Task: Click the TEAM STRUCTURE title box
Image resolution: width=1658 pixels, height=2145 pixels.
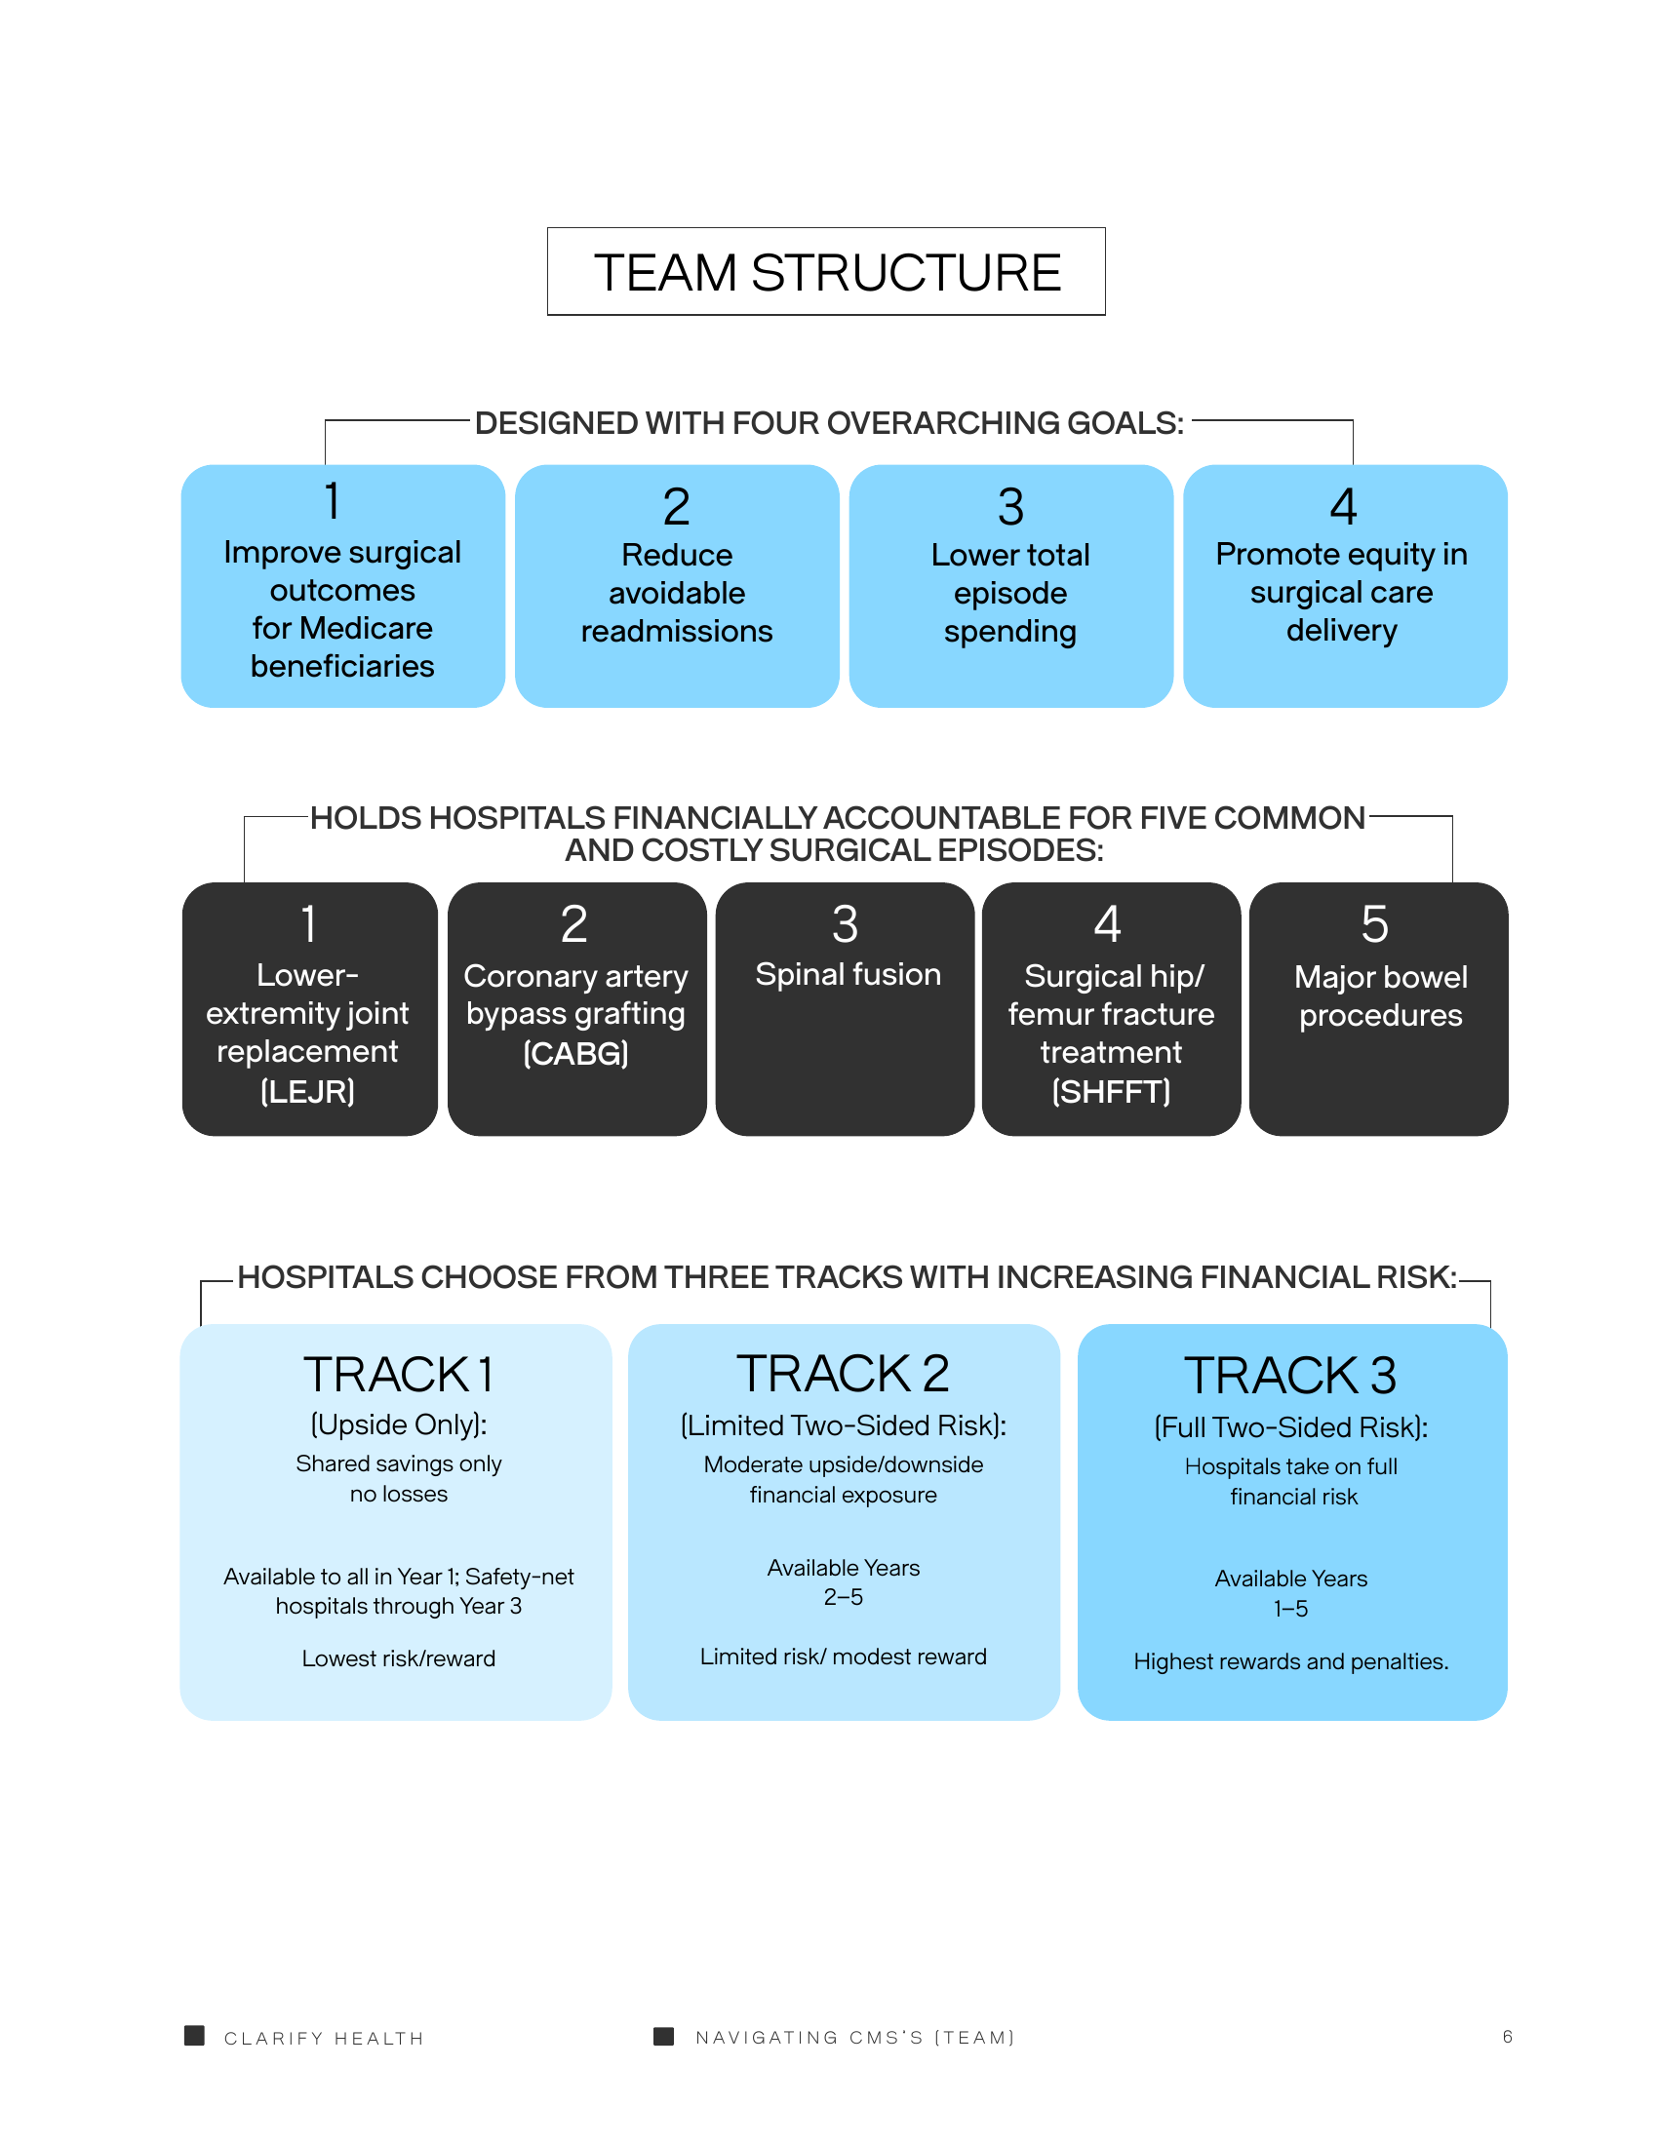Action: click(826, 271)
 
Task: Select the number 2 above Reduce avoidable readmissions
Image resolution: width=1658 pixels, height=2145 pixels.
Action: click(676, 507)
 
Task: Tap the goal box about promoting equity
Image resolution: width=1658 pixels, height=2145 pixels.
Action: click(1345, 585)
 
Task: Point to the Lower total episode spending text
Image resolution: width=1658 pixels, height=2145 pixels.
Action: click(1009, 593)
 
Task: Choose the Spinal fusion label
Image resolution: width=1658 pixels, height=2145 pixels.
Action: click(848, 974)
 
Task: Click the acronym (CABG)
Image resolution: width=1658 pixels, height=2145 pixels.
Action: click(575, 1053)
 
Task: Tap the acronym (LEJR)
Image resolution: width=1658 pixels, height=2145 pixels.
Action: click(307, 1091)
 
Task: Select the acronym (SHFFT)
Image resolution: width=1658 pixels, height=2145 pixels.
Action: click(1111, 1091)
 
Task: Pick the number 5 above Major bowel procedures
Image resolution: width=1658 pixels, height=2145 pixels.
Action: click(1375, 924)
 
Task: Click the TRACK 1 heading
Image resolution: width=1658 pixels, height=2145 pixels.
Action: click(398, 1374)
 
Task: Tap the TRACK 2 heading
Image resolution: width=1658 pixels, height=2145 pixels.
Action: click(844, 1373)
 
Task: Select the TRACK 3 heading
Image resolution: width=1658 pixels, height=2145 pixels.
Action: click(1290, 1375)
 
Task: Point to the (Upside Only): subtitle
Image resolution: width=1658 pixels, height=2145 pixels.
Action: click(399, 1424)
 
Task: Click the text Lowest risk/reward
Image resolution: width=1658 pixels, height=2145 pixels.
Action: click(399, 1657)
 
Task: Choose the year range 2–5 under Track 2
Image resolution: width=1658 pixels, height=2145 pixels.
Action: click(844, 1597)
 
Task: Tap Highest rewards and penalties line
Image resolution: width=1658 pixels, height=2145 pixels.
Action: click(1290, 1660)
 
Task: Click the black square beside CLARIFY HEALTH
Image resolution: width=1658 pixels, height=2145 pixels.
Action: click(194, 2035)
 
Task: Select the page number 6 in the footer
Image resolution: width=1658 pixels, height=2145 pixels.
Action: click(1507, 2036)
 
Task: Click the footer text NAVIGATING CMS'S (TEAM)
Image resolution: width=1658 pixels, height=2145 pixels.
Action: click(854, 2037)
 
